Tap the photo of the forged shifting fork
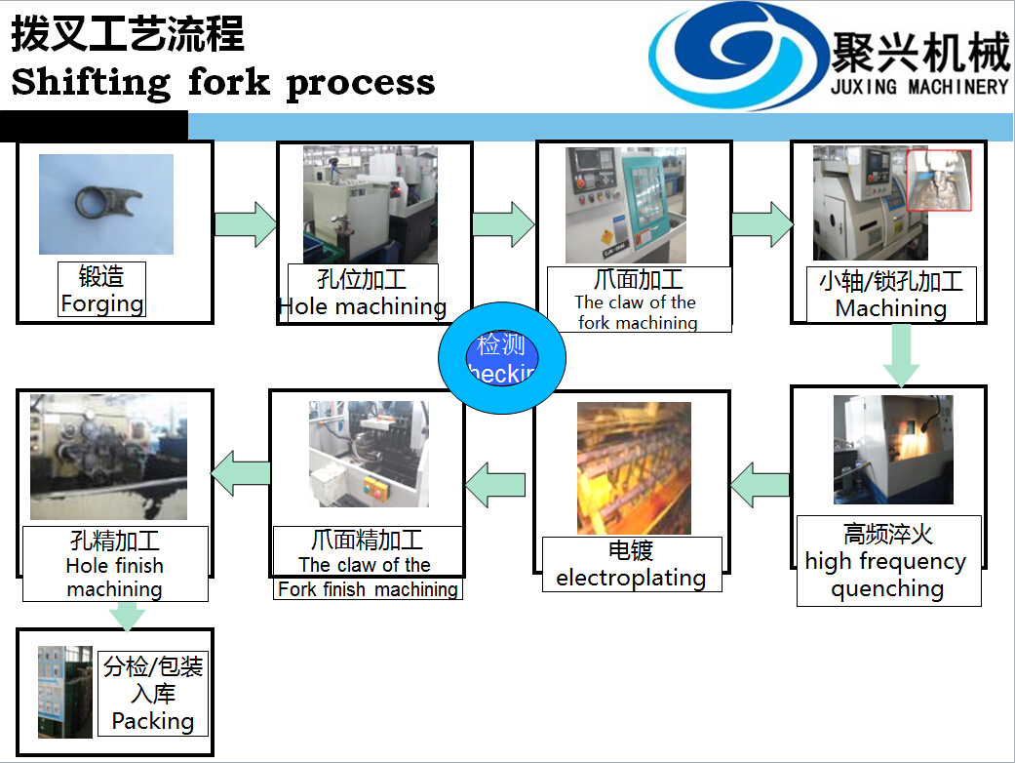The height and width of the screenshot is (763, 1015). tap(105, 204)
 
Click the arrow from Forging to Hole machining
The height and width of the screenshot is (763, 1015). tap(245, 224)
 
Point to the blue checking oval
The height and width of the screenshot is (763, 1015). tap(501, 358)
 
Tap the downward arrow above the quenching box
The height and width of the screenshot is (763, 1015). tap(901, 355)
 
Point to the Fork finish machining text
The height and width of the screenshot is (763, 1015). tap(368, 589)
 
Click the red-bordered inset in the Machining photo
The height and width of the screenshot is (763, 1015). tap(939, 181)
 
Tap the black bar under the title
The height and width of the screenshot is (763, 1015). tap(94, 126)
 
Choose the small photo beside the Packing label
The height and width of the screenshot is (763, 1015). tap(65, 691)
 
